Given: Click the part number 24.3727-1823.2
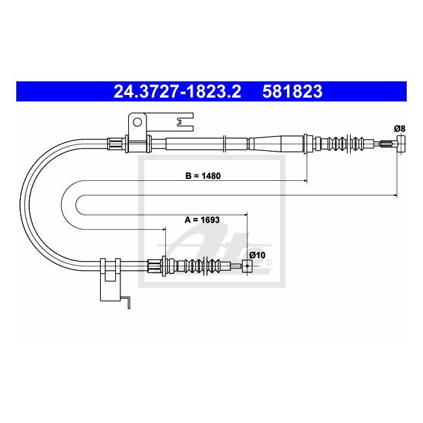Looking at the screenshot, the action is click(x=177, y=91).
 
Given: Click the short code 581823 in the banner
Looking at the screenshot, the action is click(x=292, y=91).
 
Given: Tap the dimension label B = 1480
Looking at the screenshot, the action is click(x=203, y=176).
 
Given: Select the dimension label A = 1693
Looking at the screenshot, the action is click(x=202, y=220).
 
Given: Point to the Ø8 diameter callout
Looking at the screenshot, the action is click(x=400, y=129).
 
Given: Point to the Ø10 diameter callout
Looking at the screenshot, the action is click(x=257, y=255).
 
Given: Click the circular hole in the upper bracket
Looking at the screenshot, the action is click(x=137, y=122).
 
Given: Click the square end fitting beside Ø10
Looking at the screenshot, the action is click(x=247, y=266).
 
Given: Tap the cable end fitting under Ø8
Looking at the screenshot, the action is click(x=401, y=144).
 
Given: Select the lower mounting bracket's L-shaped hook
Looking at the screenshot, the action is click(x=126, y=303).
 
